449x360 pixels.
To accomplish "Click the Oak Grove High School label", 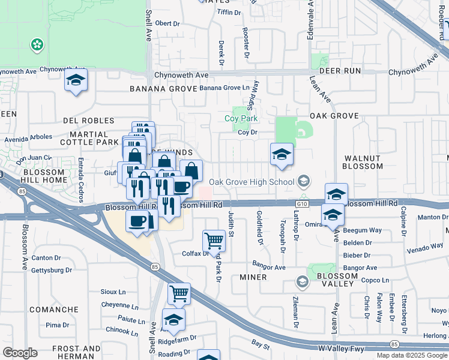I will (252, 182).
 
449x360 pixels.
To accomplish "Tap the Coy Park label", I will (241, 118).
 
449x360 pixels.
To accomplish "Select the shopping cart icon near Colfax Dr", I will (214, 241).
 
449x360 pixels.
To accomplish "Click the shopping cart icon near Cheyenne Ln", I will (179, 294).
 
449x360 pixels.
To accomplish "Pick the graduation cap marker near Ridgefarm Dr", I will (173, 320).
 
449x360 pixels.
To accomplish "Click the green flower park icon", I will (37, 44).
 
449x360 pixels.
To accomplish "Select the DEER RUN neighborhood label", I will (340, 71).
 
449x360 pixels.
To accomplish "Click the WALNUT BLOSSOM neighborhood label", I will (363, 162).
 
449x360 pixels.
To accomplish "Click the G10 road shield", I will (302, 205).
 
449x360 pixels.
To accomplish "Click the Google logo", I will (20, 353).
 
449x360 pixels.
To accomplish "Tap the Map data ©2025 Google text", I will (412, 355).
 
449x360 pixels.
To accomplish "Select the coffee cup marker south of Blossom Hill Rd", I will (137, 221).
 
